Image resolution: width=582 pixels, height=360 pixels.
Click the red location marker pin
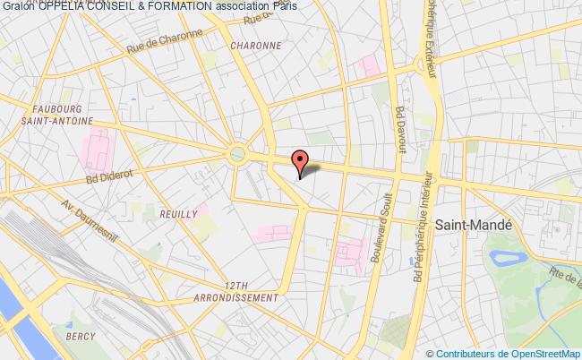tap(301, 161)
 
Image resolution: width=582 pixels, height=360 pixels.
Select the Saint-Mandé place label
tap(473, 228)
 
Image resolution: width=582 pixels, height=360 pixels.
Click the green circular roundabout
tap(237, 154)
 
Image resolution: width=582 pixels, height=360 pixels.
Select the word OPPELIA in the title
tap(58, 7)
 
